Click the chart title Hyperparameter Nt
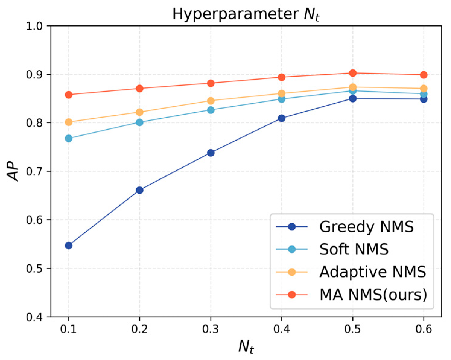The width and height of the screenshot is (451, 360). tap(246, 14)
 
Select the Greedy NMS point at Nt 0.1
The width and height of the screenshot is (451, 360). tap(69, 245)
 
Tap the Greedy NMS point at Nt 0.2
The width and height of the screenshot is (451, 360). tap(139, 190)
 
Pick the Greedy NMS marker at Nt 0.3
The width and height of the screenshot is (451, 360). tap(211, 153)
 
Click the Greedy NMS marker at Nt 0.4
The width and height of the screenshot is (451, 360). tap(281, 118)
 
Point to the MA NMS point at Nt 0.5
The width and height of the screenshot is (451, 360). tap(353, 73)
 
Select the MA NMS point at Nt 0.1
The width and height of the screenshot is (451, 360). tap(69, 95)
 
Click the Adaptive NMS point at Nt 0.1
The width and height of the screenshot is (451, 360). tap(69, 122)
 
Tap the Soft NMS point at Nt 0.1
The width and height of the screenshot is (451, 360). tap(69, 138)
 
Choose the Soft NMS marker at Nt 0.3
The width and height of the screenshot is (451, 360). tap(211, 110)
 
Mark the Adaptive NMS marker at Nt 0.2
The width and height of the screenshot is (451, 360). tap(139, 112)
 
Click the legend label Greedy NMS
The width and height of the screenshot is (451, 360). tap(366, 227)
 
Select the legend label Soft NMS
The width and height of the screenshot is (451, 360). tap(354, 249)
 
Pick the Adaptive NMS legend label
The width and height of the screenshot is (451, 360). tap(373, 272)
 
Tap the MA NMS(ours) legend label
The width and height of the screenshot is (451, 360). tap(373, 295)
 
